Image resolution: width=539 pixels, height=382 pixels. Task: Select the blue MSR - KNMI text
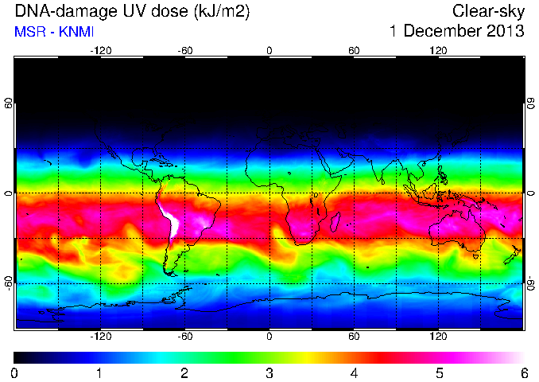click(54, 32)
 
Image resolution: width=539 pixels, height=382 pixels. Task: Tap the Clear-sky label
click(488, 12)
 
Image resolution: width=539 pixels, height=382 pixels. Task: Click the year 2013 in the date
click(506, 31)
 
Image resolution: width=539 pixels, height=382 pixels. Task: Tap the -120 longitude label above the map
click(101, 51)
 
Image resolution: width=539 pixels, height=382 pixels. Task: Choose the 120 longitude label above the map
click(438, 51)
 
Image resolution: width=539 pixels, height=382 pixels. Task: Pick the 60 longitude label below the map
click(354, 336)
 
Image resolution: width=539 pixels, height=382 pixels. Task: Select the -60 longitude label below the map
click(185, 336)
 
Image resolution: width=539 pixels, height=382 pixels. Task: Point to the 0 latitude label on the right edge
click(531, 193)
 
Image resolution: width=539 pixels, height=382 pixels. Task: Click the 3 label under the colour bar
click(269, 373)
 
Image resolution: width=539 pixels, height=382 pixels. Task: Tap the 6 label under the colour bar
click(524, 373)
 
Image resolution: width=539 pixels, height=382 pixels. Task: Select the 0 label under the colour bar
click(14, 373)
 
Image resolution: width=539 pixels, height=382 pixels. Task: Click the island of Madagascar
click(335, 222)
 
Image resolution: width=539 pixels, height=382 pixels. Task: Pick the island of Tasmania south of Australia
click(476, 256)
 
